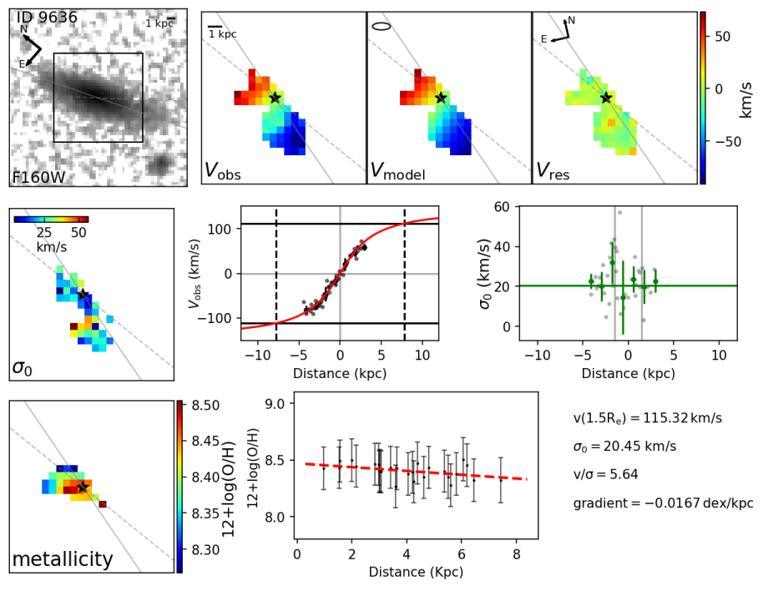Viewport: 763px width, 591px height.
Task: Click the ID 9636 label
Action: [47, 18]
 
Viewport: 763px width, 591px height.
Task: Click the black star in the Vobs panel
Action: [275, 98]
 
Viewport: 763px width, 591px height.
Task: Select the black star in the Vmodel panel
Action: [441, 98]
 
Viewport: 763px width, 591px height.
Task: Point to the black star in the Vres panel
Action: [606, 98]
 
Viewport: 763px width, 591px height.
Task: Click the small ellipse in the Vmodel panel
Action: [381, 26]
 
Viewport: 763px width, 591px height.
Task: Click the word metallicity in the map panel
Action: [63, 559]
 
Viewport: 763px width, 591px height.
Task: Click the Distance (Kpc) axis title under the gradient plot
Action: [416, 573]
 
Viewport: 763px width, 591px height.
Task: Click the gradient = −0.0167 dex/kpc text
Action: [663, 503]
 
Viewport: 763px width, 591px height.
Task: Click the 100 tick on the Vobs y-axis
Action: [218, 229]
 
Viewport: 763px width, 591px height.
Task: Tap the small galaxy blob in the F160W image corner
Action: [157, 167]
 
